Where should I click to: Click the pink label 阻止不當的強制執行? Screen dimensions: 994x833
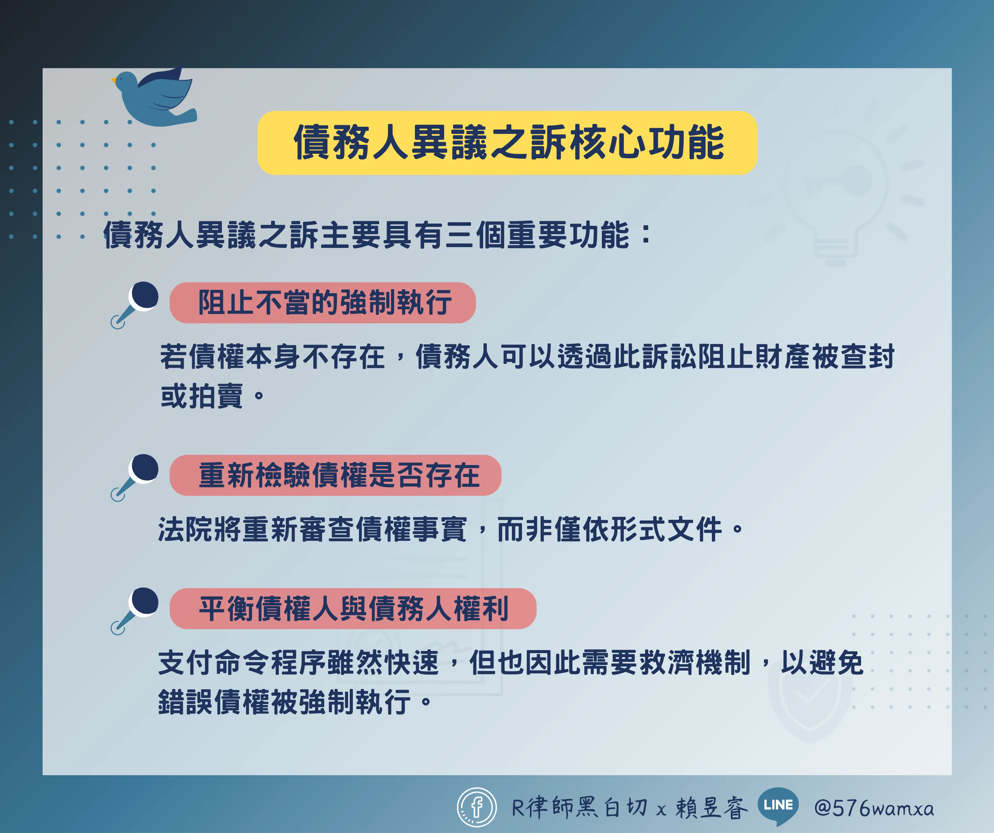pos(322,303)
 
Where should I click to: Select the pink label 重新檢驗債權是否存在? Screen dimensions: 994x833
pos(335,475)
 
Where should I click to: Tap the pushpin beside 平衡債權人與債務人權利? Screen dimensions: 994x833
pos(135,610)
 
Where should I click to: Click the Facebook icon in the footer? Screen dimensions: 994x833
pos(477,807)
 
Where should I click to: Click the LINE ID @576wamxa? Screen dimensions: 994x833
pos(874,808)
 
